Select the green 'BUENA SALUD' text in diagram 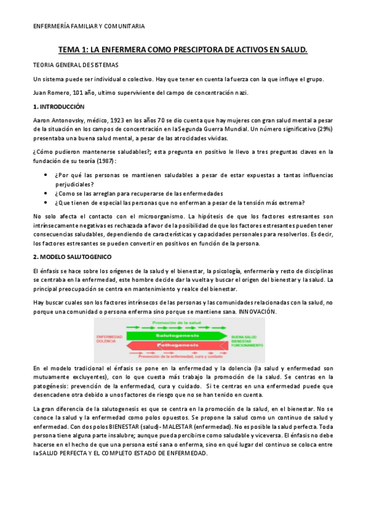coord(244,336)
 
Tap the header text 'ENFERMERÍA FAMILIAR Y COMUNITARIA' coord(89,26)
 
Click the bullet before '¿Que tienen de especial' coord(46,203)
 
